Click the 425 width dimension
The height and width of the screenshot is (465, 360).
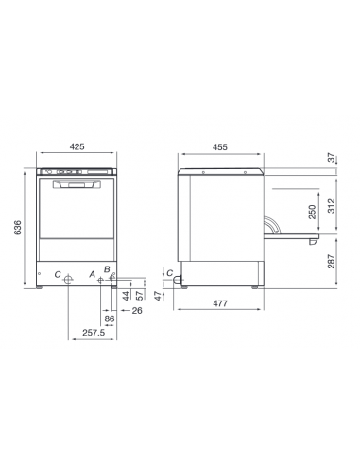pyautogui.click(x=77, y=146)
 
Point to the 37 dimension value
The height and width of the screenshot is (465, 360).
pyautogui.click(x=330, y=158)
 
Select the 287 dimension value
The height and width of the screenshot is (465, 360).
pyautogui.click(x=330, y=262)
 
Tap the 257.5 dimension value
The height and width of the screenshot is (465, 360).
pyautogui.click(x=93, y=334)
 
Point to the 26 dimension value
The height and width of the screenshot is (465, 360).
pyautogui.click(x=136, y=310)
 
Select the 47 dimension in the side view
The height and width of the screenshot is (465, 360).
pyautogui.click(x=158, y=295)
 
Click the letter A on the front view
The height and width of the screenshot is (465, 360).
pyautogui.click(x=92, y=274)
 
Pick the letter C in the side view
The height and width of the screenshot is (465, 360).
pyautogui.click(x=168, y=274)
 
